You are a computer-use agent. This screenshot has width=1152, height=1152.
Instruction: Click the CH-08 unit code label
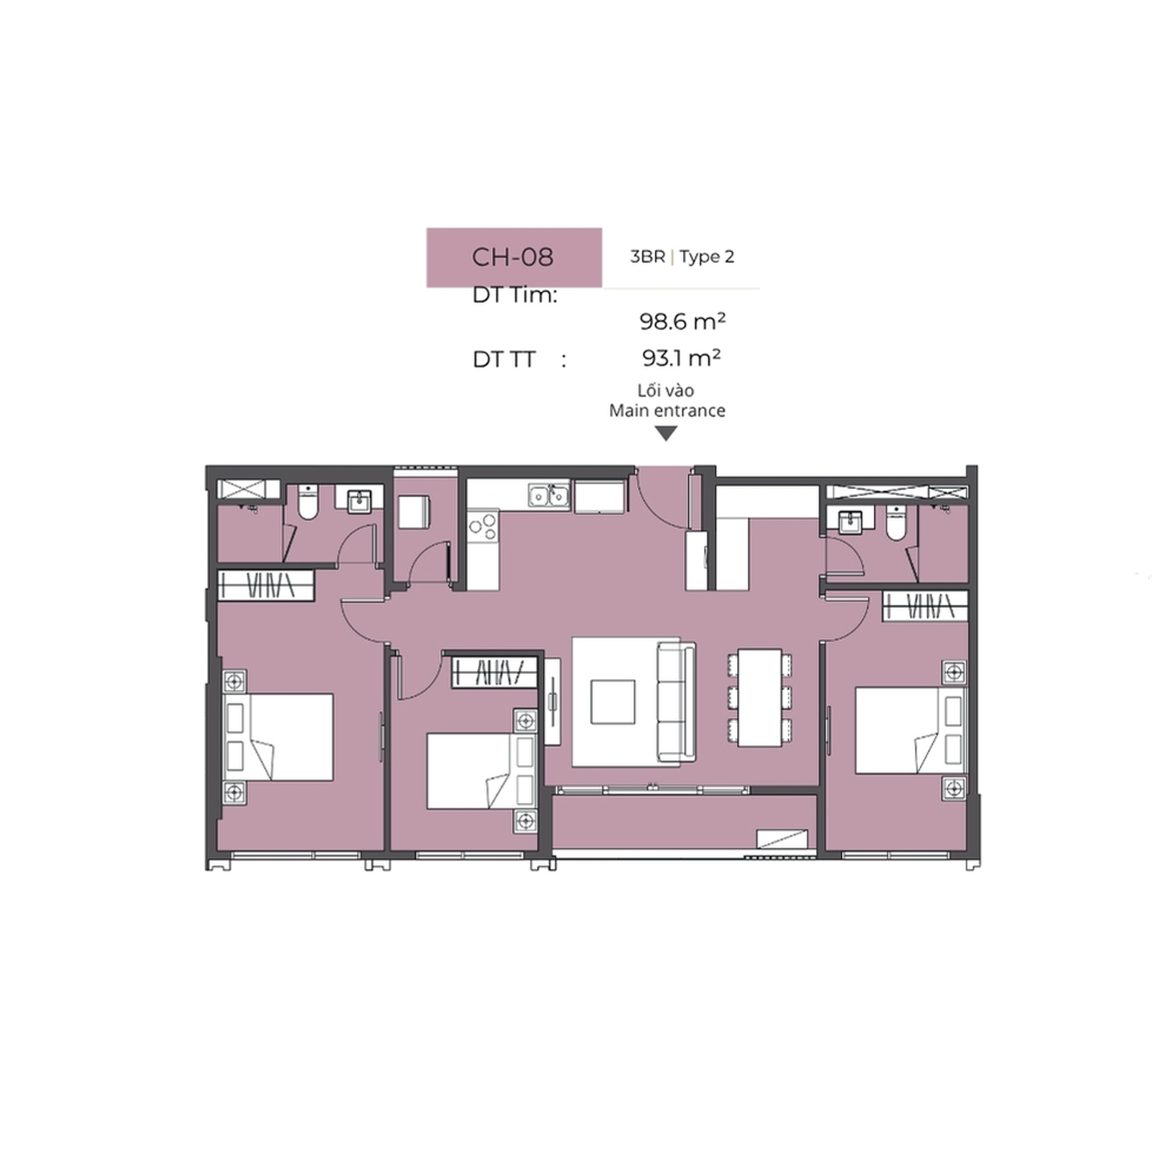[x=513, y=257]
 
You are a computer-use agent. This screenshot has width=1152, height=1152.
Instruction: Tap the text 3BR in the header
[x=648, y=257]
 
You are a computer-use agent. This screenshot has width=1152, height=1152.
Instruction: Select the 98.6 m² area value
[x=682, y=321]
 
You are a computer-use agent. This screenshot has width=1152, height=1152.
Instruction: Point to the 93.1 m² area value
[x=682, y=357]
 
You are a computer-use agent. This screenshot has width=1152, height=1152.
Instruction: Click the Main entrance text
[x=667, y=410]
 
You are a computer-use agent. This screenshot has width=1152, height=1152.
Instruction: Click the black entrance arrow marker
[x=666, y=434]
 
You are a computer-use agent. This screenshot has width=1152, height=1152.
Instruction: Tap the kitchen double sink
[x=548, y=495]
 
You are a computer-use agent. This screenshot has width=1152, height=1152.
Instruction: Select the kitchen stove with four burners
[x=483, y=526]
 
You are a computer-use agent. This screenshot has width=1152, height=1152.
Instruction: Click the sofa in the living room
[x=676, y=702]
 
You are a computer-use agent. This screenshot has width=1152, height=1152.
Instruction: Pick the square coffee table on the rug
[x=612, y=702]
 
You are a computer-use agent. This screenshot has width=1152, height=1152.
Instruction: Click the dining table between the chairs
[x=760, y=698]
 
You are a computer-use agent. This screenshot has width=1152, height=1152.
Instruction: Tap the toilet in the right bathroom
[x=896, y=524]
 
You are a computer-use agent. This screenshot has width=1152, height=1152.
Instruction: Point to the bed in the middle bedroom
[x=481, y=771]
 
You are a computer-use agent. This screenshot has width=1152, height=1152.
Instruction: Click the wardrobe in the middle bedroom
[x=494, y=672]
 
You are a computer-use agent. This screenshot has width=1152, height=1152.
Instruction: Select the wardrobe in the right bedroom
[x=925, y=605]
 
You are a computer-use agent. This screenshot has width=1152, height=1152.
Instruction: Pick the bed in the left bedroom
[x=278, y=737]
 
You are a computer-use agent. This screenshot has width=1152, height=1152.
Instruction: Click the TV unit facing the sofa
[x=552, y=701]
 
